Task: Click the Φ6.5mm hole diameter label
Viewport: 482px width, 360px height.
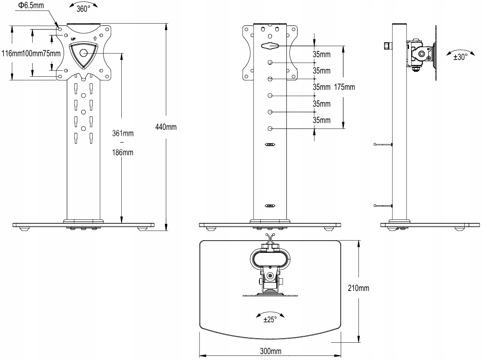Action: [31, 5]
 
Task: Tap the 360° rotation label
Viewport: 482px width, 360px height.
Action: [83, 9]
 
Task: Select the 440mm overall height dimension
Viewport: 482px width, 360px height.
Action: [166, 127]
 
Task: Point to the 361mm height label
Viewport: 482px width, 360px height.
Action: [123, 133]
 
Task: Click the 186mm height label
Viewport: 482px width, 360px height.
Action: [123, 153]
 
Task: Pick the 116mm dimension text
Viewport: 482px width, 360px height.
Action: [12, 54]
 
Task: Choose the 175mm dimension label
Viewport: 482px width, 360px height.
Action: [344, 87]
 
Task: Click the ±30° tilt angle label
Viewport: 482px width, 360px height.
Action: [460, 57]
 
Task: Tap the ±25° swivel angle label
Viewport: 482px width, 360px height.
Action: [270, 320]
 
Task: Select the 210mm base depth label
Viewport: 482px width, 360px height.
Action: [358, 288]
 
